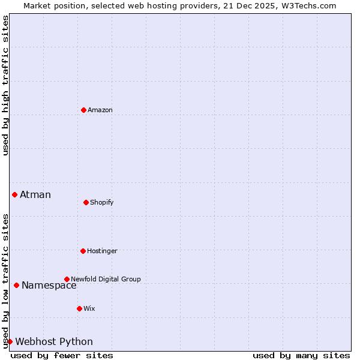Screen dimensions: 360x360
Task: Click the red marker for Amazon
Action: (83, 110)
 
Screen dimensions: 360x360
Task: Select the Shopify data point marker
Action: (86, 202)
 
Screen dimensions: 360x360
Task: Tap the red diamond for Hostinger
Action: (83, 251)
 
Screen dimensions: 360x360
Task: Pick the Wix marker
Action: (79, 308)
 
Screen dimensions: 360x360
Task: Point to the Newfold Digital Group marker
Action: (67, 279)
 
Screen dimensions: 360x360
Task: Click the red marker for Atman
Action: (14, 194)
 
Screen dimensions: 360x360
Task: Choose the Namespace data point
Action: (16, 285)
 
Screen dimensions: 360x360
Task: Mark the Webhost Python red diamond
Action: (10, 341)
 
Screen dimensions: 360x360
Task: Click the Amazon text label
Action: (100, 110)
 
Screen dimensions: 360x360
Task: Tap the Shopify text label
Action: (102, 202)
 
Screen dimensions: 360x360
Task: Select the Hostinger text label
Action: (102, 251)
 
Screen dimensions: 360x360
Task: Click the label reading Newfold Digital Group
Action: (106, 279)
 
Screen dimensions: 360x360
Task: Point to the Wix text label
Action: (89, 308)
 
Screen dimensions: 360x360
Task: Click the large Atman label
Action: (35, 194)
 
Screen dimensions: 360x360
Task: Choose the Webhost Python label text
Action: (54, 341)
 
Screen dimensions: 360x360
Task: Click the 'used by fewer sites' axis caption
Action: (62, 355)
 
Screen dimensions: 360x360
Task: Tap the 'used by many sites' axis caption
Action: (301, 355)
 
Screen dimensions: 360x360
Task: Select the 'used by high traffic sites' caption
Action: (5, 85)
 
